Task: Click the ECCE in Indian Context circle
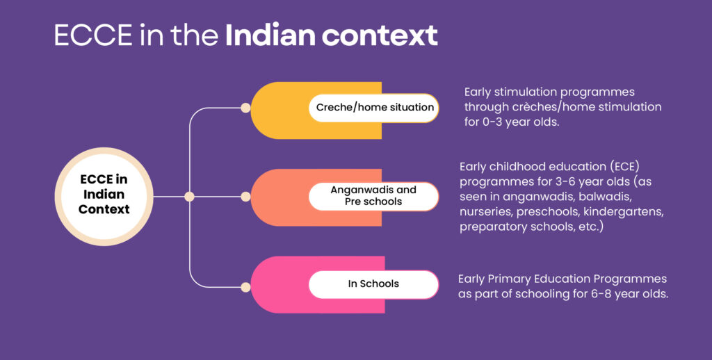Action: [x=104, y=197]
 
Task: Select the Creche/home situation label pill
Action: [x=373, y=108]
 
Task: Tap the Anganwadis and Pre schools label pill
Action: [x=373, y=196]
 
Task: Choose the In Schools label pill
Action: [x=373, y=284]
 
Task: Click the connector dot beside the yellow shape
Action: [x=245, y=108]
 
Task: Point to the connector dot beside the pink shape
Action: [x=245, y=287]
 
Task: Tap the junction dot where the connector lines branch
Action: [x=189, y=197]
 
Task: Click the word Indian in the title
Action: [x=270, y=35]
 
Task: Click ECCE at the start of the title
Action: [x=93, y=35]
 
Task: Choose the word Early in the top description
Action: [x=477, y=92]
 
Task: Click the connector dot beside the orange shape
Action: [x=245, y=197]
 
